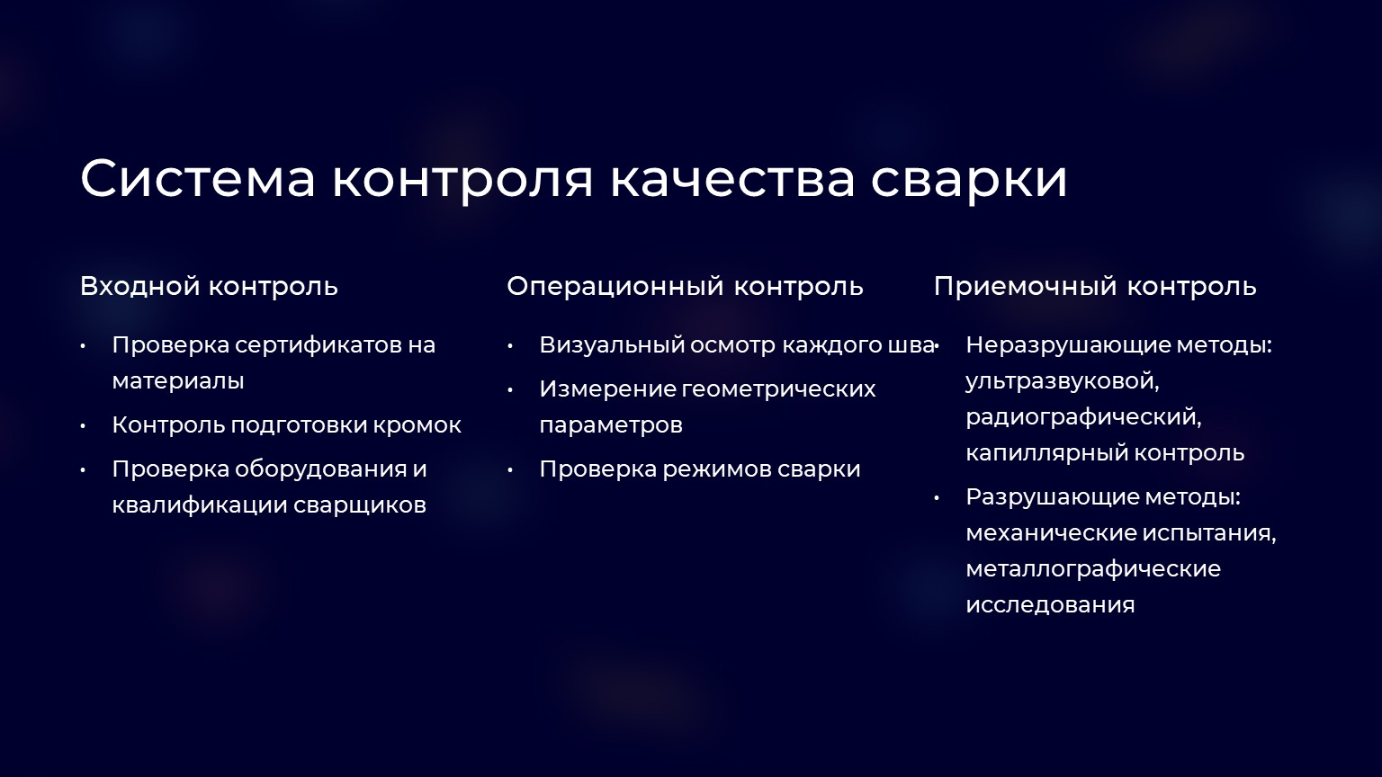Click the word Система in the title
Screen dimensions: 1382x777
click(197, 178)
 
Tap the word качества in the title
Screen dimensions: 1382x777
click(732, 180)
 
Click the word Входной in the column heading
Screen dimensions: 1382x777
click(140, 286)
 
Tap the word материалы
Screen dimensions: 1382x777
click(178, 381)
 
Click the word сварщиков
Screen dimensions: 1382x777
click(360, 505)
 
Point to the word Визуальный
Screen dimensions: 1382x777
click(612, 344)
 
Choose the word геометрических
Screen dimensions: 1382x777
click(778, 389)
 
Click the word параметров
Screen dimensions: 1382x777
click(611, 425)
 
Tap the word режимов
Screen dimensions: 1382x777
click(717, 470)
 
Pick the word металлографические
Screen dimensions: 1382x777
click(1093, 569)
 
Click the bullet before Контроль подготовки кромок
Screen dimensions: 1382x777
click(83, 426)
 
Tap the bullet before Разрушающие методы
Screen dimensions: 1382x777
click(937, 497)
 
